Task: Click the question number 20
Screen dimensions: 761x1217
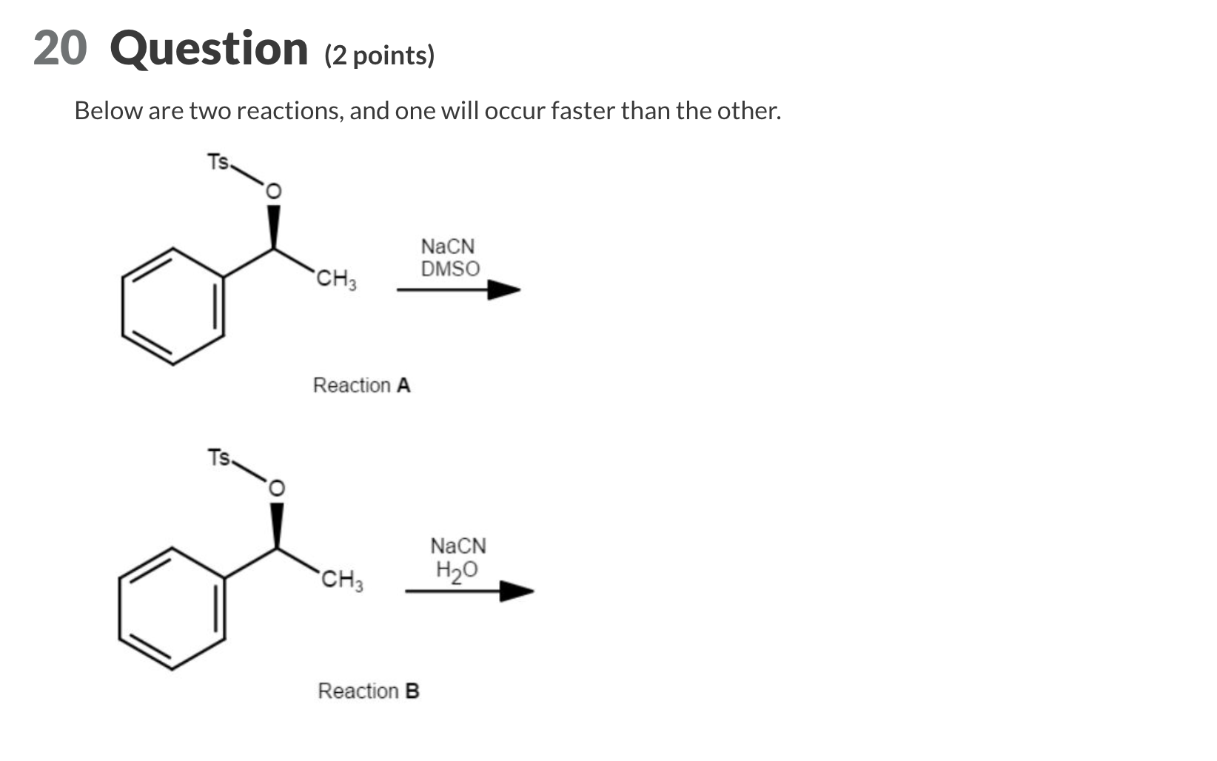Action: tap(60, 49)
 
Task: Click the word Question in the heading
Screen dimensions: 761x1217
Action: tap(209, 49)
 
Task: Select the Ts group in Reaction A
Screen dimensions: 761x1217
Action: tap(218, 161)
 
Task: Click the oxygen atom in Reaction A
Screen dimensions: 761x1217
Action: tap(273, 192)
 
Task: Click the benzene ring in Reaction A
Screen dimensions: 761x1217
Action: tap(173, 306)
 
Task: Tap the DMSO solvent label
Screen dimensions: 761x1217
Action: tap(450, 269)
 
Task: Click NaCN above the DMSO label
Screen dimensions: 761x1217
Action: tap(447, 247)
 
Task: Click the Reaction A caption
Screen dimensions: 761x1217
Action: tap(361, 386)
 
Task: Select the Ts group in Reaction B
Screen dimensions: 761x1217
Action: tap(219, 457)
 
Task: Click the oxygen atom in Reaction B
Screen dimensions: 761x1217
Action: tap(275, 489)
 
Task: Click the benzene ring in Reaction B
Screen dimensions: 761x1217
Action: tap(172, 609)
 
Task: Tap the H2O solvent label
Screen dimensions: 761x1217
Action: tap(457, 570)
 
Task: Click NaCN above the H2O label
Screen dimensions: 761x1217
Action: tap(458, 546)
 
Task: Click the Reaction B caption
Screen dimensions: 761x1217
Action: tap(368, 691)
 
